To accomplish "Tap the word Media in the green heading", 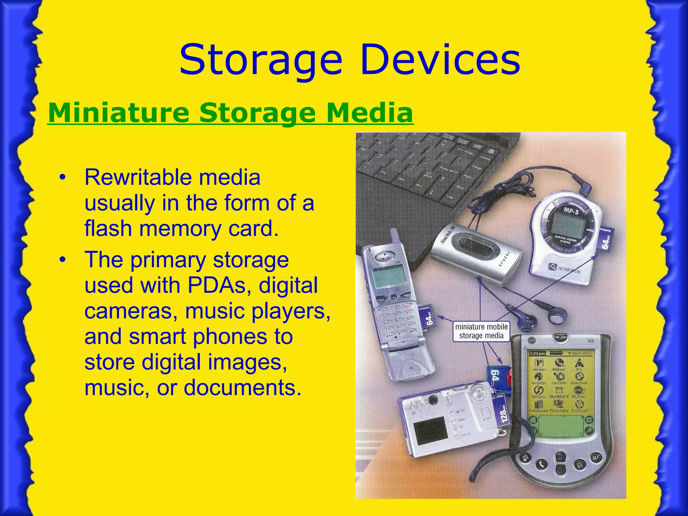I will [x=370, y=113].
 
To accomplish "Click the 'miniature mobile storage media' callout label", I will [x=481, y=331].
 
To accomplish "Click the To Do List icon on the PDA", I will [x=579, y=405].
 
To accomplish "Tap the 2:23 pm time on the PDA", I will [x=536, y=354].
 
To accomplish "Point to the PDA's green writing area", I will [x=560, y=427].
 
